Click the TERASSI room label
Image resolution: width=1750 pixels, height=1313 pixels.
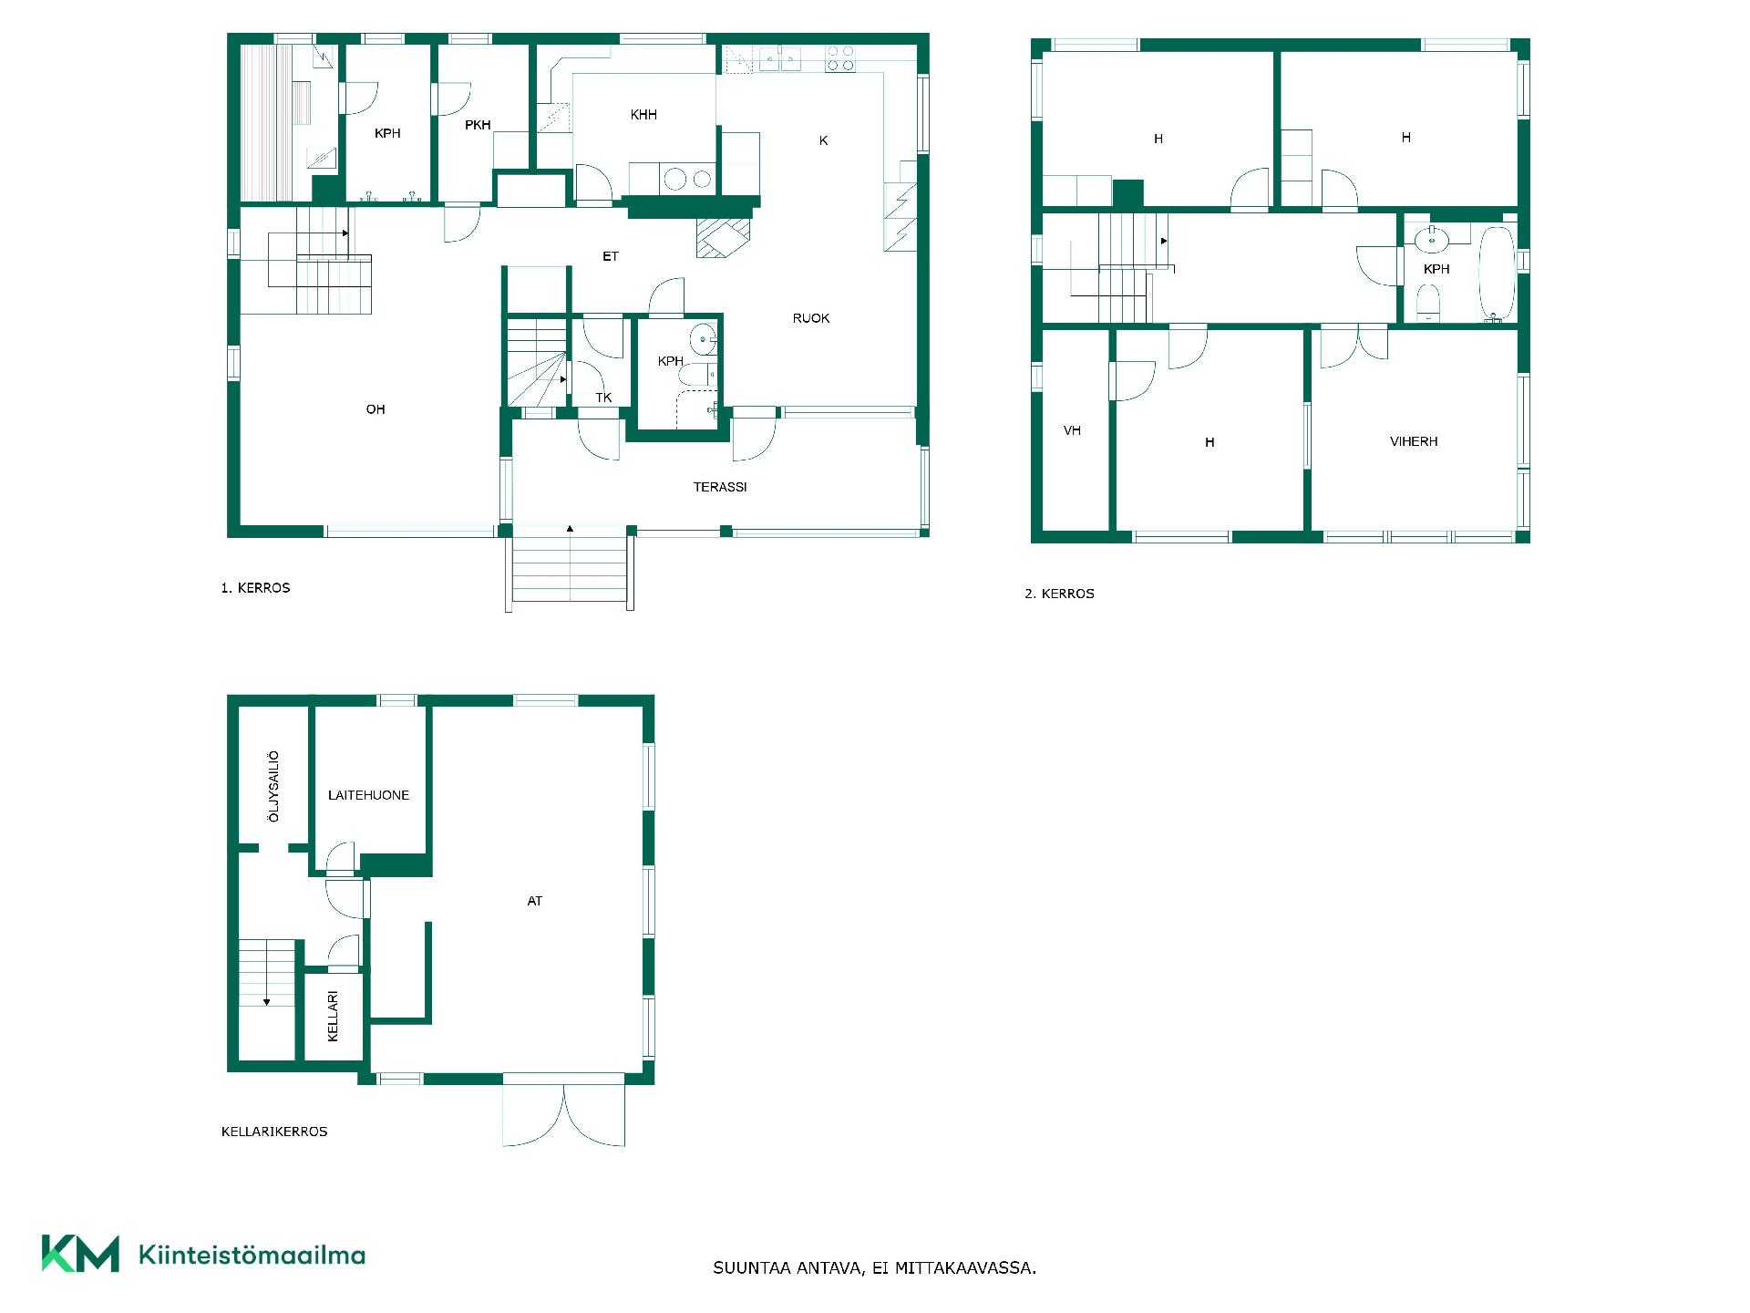point(720,487)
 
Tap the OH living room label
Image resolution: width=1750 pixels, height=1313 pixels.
point(376,409)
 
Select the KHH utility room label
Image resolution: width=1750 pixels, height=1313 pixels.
point(643,115)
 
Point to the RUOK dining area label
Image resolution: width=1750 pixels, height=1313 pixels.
point(811,318)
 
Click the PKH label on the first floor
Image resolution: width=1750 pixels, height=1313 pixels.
point(478,125)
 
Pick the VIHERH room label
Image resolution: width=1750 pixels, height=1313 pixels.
point(1414,441)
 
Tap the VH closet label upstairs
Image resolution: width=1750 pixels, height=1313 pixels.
point(1072,430)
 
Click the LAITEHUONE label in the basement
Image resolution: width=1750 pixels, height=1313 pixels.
point(368,795)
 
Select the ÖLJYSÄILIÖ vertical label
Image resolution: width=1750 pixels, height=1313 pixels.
point(273,787)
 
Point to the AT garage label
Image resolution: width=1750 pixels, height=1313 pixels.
point(535,901)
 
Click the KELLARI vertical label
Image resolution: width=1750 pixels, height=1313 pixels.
point(333,1017)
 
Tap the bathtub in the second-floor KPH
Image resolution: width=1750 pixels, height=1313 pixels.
point(1497,273)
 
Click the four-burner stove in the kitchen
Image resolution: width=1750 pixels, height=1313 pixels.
point(840,58)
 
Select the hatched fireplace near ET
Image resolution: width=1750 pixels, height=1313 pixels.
point(724,238)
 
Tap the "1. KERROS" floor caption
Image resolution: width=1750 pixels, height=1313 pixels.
point(255,588)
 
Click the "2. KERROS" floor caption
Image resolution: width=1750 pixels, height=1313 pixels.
point(1059,594)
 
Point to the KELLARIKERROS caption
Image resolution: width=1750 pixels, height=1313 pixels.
point(274,1132)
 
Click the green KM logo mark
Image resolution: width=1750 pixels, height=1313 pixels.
point(80,1254)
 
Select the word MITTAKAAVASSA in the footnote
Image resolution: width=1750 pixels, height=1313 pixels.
point(965,1268)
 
